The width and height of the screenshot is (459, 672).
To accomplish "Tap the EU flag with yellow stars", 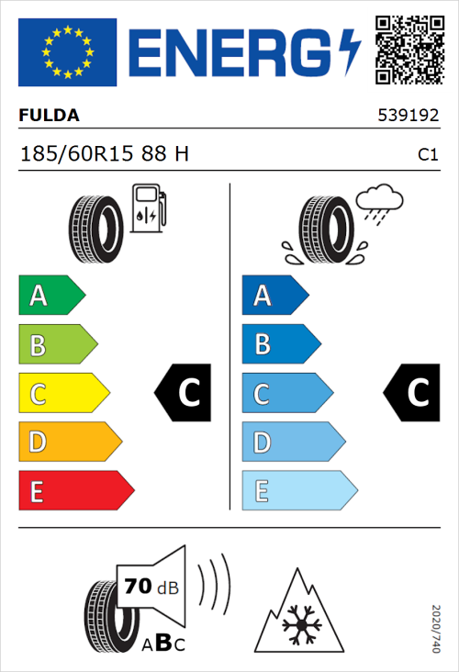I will click(x=67, y=52).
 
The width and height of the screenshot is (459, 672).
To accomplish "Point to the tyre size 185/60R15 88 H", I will click(x=104, y=153).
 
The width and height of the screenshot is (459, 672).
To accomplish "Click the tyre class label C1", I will click(x=427, y=155).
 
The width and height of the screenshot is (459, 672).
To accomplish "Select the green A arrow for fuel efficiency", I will click(x=50, y=296).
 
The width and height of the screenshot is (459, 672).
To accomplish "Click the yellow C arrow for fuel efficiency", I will click(x=62, y=394).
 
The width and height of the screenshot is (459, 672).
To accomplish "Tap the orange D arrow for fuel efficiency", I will click(x=69, y=442).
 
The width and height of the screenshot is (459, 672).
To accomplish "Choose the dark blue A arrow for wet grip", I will click(x=274, y=296).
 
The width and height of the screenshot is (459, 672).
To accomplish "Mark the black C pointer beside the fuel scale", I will click(x=184, y=394).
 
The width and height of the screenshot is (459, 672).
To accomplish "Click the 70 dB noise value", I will click(x=147, y=583).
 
